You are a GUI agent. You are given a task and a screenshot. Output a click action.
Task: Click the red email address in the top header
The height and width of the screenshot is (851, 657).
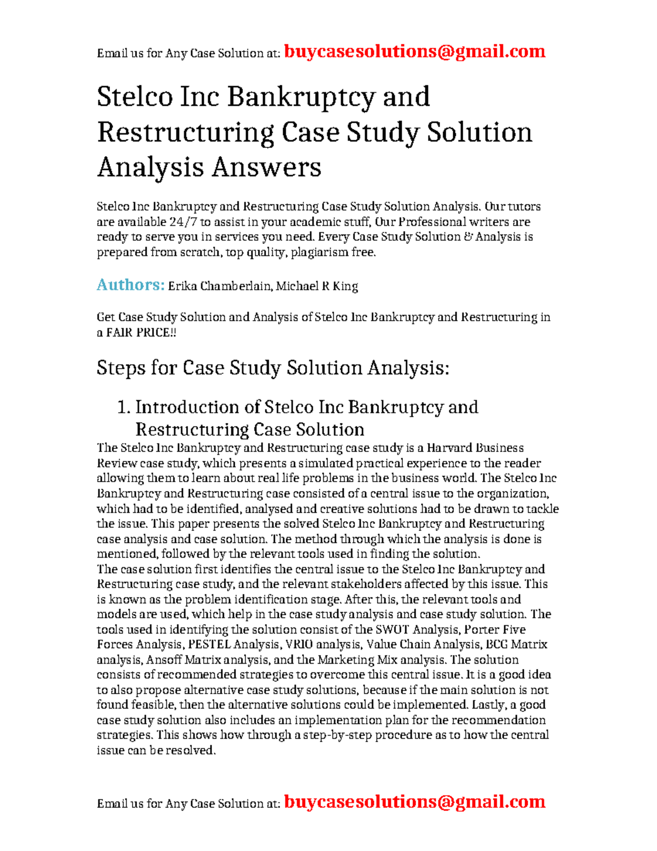click(x=414, y=52)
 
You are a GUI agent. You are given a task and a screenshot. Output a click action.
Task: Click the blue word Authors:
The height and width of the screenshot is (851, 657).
click(x=130, y=285)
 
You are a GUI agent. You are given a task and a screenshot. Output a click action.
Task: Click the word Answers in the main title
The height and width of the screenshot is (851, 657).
click(x=266, y=167)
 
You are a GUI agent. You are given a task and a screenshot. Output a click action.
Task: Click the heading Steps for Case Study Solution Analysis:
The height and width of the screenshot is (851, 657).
click(x=273, y=368)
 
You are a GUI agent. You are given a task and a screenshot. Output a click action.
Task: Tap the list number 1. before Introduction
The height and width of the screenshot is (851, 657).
click(x=124, y=407)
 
